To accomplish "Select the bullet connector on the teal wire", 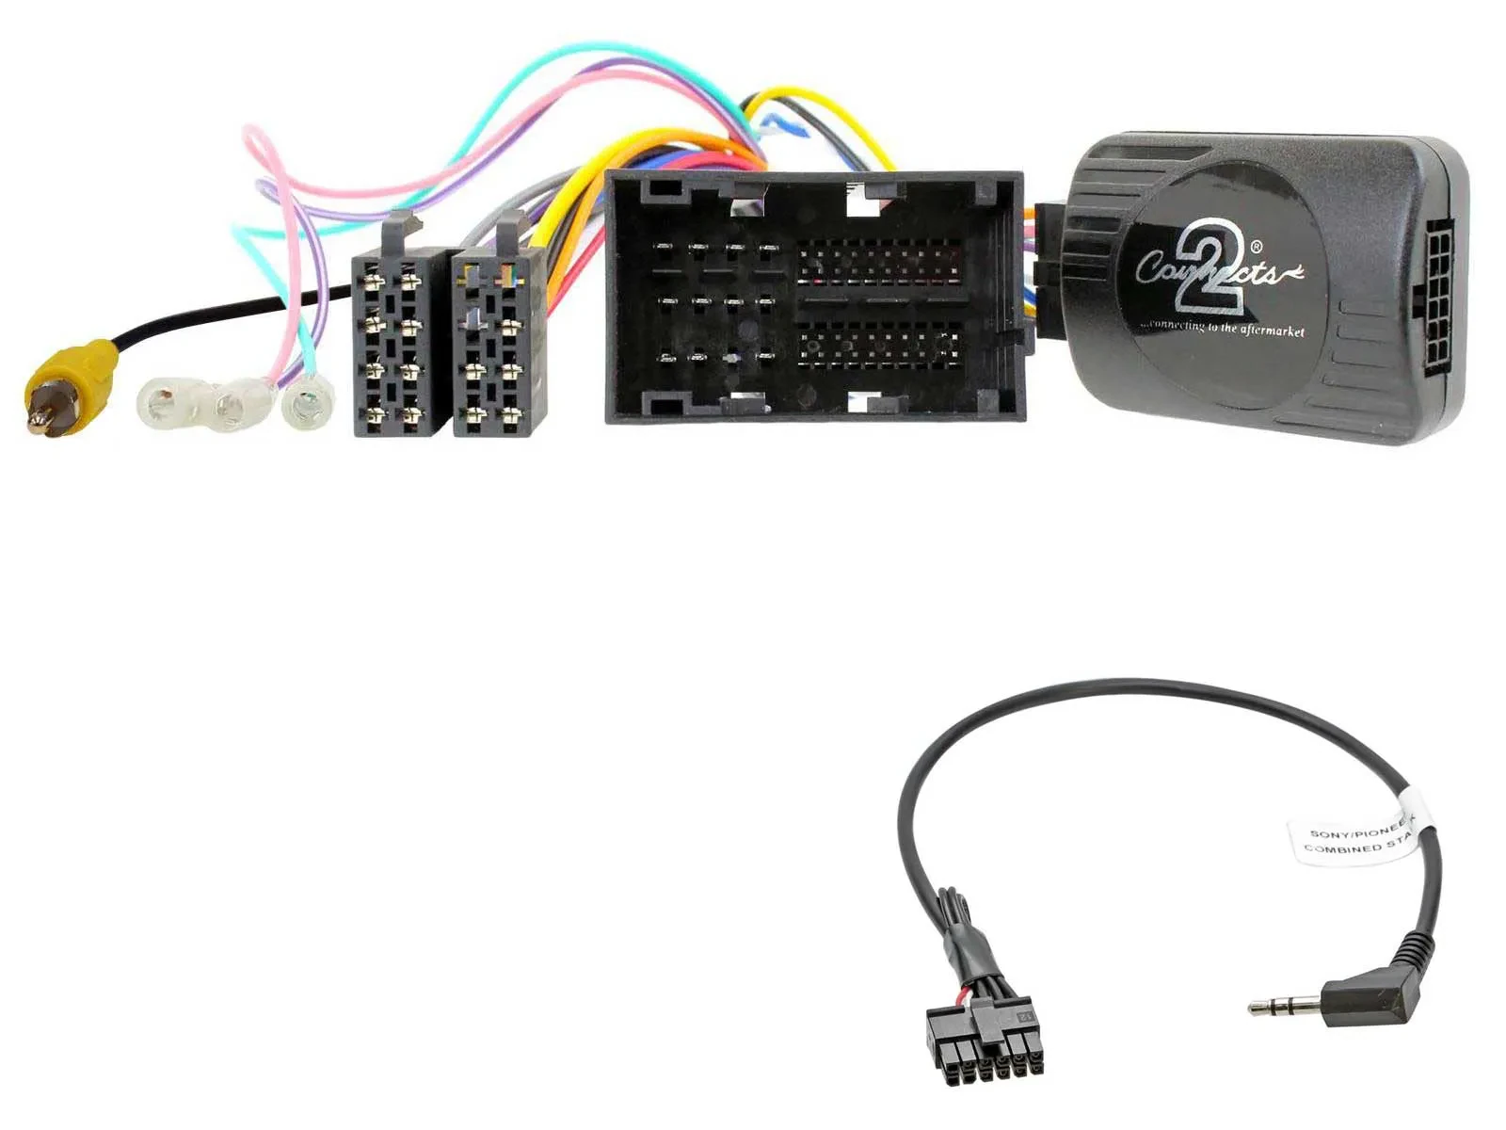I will pyautogui.click(x=302, y=408).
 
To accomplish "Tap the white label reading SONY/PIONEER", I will pyautogui.click(x=1355, y=834).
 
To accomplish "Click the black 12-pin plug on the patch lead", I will pyautogui.click(x=985, y=1041).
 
